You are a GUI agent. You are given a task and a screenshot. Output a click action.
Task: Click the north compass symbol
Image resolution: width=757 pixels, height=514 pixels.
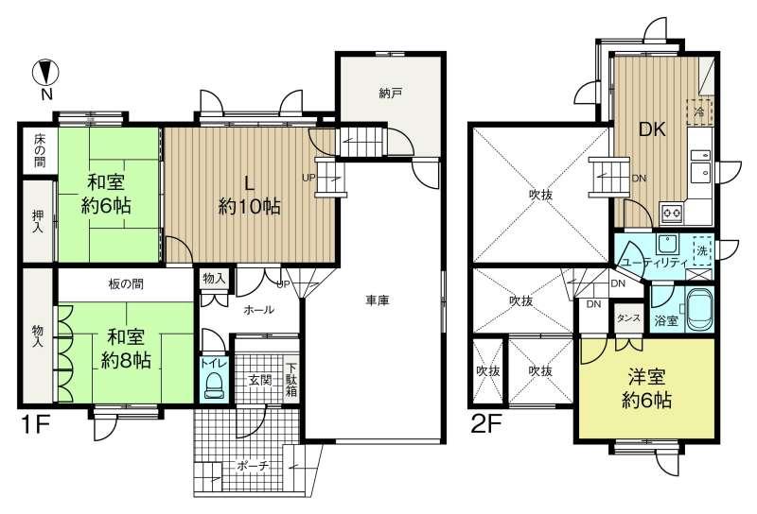click(x=45, y=73)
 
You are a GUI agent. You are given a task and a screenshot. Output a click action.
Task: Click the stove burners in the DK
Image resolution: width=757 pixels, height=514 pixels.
click(x=672, y=213)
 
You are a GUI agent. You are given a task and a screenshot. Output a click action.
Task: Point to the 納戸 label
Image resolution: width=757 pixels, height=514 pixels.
click(x=390, y=93)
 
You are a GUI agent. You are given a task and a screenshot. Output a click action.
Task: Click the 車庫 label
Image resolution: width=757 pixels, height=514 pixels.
click(x=377, y=300)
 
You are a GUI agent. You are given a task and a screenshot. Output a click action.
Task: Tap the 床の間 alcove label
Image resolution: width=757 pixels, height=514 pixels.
click(x=40, y=150)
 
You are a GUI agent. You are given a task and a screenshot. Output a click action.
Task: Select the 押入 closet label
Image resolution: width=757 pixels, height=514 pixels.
click(x=38, y=221)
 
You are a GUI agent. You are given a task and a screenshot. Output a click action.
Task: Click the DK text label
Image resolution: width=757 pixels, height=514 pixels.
click(x=652, y=129)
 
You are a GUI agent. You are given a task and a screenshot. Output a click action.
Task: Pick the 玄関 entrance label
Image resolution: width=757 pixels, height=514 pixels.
click(x=259, y=380)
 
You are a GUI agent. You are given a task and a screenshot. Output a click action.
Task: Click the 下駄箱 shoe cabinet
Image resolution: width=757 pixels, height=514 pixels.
click(x=291, y=380)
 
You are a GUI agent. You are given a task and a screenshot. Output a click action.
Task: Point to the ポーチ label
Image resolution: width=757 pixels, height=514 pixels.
click(x=253, y=466)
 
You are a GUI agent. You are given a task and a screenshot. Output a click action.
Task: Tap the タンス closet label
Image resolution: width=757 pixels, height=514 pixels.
click(x=628, y=318)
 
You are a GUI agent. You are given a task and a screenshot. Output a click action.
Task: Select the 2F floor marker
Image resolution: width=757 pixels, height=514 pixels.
click(x=486, y=424)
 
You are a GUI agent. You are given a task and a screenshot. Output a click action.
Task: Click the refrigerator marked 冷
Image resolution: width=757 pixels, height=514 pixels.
click(x=699, y=111)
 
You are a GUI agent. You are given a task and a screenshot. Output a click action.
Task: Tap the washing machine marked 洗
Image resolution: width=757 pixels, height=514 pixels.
click(x=702, y=250)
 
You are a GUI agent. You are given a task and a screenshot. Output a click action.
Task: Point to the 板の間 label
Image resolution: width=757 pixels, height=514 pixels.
click(x=126, y=284)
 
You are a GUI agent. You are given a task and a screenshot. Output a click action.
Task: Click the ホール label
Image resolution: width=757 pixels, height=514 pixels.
click(x=259, y=310)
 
